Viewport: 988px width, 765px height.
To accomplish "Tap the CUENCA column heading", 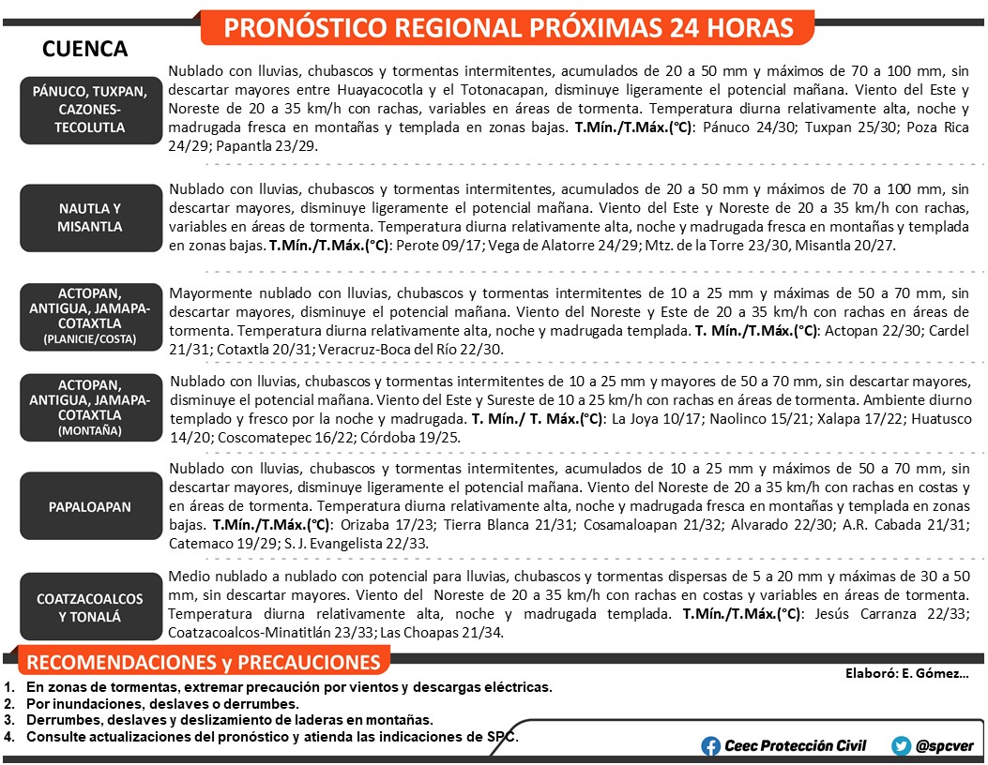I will click(85, 49).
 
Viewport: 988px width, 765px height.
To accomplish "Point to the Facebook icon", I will click(711, 746).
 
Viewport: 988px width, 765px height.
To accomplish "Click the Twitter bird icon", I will click(902, 746).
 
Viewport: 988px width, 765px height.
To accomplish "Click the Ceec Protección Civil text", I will click(796, 746).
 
